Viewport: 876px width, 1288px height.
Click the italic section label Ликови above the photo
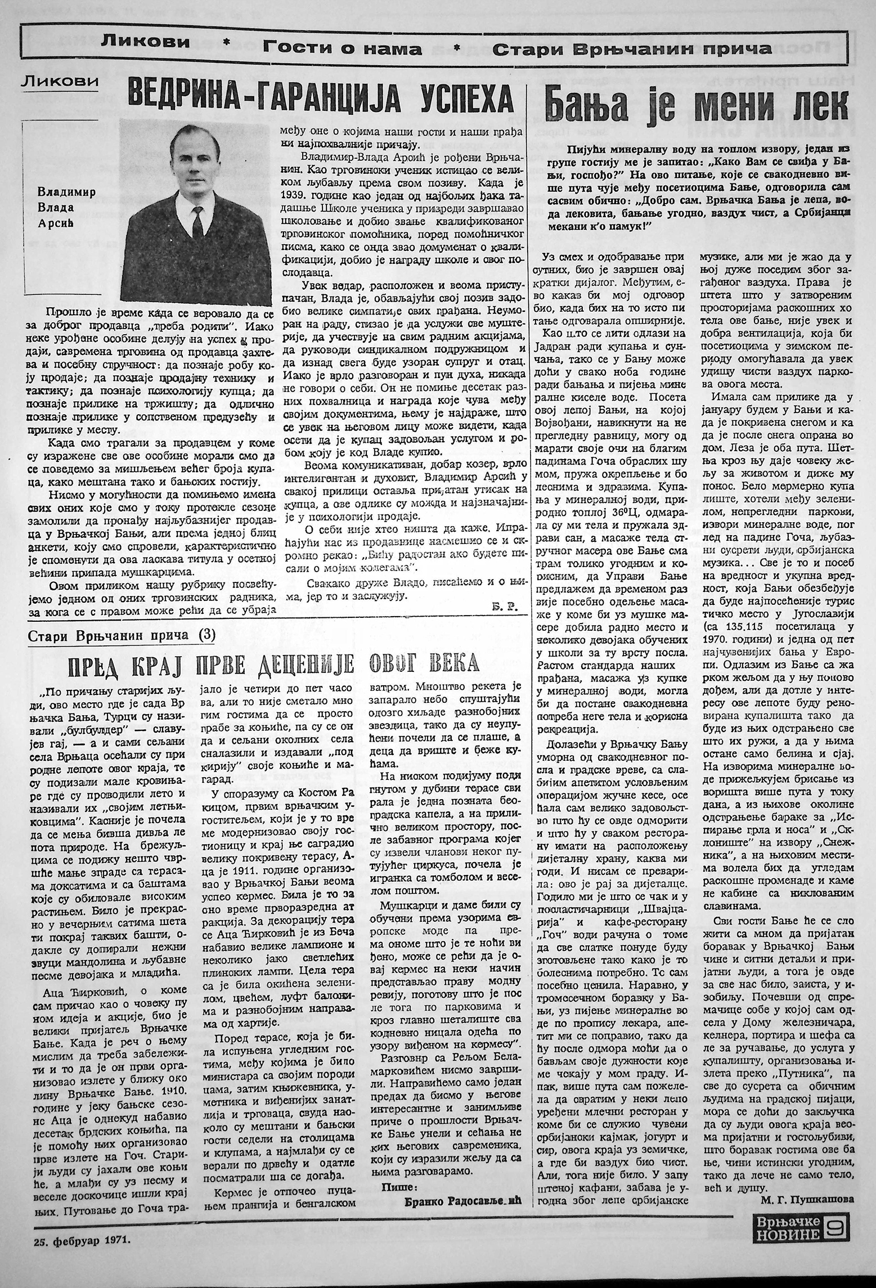(60, 83)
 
